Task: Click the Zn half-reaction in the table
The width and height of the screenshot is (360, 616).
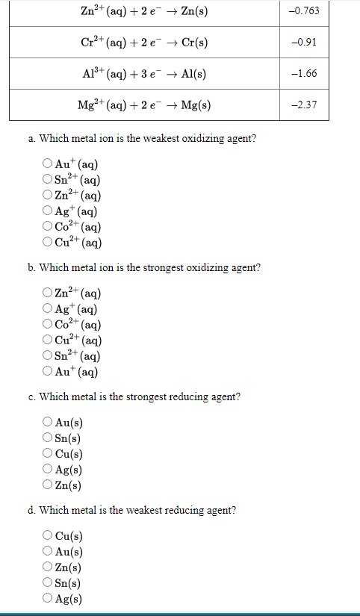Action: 143,11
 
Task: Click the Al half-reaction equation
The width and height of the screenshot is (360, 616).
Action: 143,73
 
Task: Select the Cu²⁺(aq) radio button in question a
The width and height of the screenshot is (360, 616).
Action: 48,243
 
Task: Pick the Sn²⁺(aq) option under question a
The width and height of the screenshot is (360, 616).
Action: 48,180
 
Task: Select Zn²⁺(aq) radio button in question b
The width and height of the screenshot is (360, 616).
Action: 48,293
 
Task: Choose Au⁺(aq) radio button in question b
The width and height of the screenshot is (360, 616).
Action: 48,372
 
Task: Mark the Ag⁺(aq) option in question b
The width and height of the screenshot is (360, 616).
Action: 48,309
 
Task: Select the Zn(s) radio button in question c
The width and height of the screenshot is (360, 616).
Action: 48,485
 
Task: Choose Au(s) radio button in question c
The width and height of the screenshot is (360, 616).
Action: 48,423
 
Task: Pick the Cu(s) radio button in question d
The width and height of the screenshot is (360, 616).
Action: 48,536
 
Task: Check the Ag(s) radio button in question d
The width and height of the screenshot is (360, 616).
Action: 48,599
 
